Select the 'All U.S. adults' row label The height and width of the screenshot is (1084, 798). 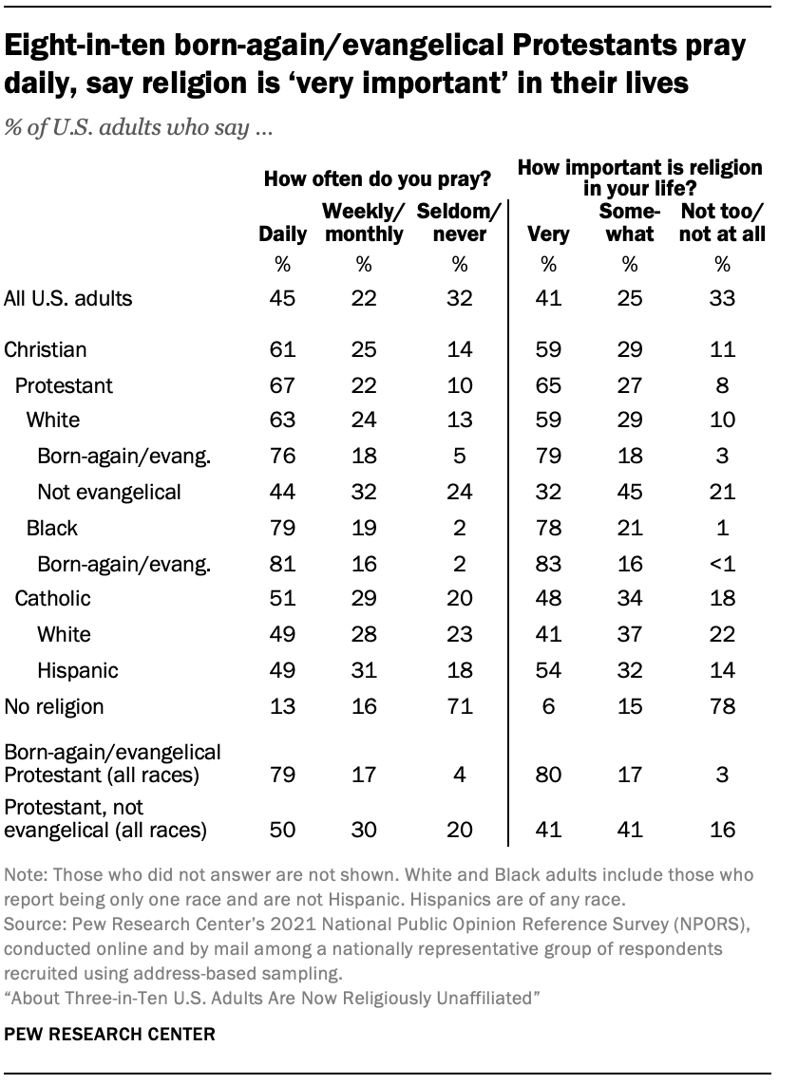coord(67,299)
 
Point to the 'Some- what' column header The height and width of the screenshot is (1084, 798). coord(629,222)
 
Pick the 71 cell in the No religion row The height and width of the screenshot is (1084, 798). coord(459,706)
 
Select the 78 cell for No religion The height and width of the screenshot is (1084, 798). coord(723,706)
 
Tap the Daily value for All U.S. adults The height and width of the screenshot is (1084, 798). coord(283,299)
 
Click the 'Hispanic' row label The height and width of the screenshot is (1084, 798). coord(77,671)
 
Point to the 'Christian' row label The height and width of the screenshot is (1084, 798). coord(46,350)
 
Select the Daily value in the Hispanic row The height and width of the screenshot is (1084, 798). coord(283,671)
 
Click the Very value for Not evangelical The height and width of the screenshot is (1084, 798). coord(548,492)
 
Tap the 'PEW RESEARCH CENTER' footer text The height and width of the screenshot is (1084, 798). coord(108,1034)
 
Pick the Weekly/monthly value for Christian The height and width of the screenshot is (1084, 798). coord(364,350)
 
